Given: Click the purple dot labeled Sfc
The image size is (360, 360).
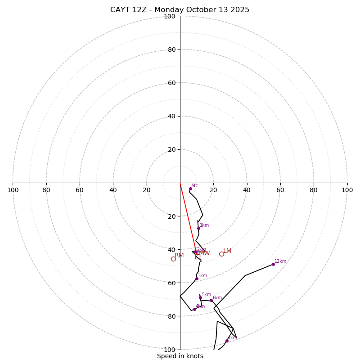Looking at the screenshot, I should click(190, 189).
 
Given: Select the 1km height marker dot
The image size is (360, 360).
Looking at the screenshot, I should click(198, 228).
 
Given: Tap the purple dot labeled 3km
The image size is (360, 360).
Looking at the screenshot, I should click(197, 279).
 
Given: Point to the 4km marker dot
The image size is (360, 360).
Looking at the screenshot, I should click(194, 309).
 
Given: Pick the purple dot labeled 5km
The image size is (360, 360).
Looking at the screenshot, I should click(200, 297).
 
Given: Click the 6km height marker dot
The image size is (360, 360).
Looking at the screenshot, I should click(211, 300).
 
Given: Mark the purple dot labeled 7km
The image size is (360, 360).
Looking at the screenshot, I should click(227, 341).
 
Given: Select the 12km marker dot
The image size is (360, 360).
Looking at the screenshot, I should click(273, 264).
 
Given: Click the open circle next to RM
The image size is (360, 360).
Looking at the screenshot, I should click(173, 259).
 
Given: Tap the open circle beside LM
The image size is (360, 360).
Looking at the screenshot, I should click(221, 254).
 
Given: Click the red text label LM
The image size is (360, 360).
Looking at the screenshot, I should click(227, 251).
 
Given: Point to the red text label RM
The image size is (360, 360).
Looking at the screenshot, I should click(179, 256).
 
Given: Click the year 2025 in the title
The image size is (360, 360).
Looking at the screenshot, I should click(239, 10).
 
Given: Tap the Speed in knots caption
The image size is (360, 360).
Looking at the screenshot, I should click(180, 356).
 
